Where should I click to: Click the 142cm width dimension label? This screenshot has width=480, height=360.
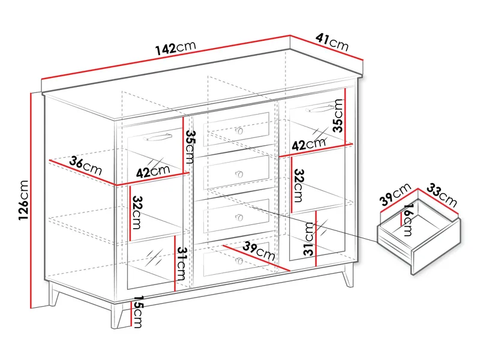[x=176, y=48]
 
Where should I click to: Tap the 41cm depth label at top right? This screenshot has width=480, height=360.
[x=332, y=42]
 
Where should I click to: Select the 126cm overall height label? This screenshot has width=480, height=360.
[x=23, y=200]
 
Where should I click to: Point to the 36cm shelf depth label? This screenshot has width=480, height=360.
[x=85, y=166]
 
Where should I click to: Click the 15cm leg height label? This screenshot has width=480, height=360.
[x=138, y=311]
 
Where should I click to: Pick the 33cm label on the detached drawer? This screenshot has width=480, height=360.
[x=442, y=195]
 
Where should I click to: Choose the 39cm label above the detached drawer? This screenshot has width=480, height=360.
[x=395, y=194]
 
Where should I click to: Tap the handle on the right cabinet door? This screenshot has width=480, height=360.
[x=319, y=108]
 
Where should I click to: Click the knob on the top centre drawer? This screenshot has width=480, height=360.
[x=239, y=131]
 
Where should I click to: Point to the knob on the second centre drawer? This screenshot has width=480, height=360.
[x=239, y=175]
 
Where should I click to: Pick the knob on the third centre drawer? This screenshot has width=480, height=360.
[x=239, y=218]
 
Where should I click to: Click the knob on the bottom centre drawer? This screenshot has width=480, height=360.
[x=239, y=261]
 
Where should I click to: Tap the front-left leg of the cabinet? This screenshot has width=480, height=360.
[x=116, y=316]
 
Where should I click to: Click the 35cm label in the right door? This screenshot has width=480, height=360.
[x=338, y=115]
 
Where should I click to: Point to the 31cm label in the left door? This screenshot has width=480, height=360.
[x=181, y=264]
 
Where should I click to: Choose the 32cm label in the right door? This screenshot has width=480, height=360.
[x=298, y=185]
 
